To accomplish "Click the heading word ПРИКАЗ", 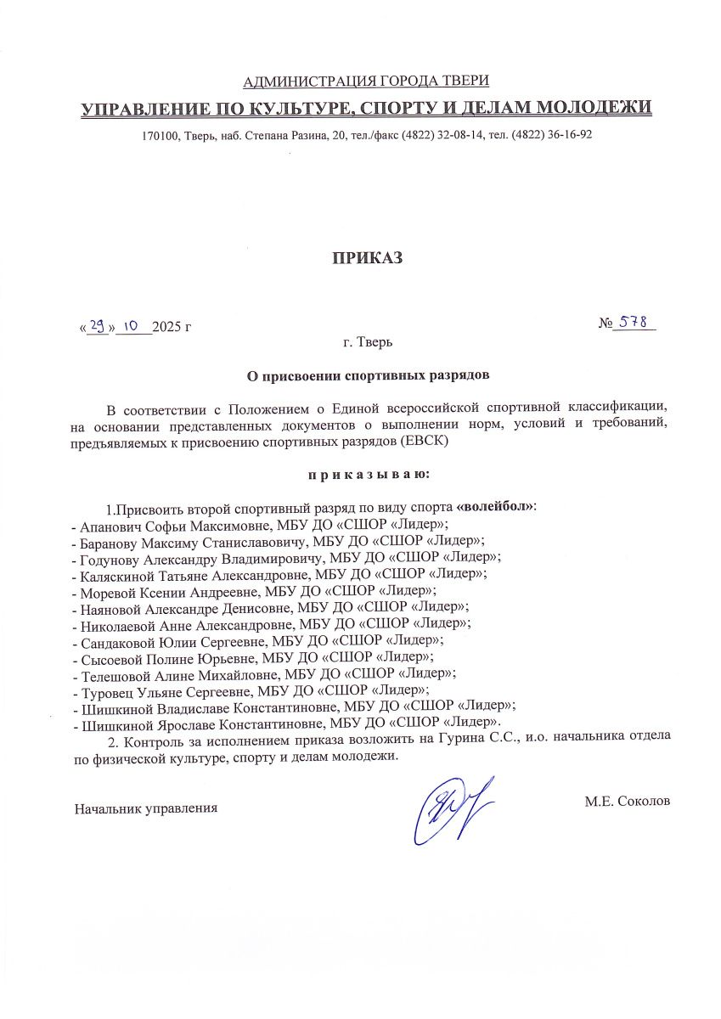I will click(x=366, y=258).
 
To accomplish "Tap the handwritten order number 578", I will click(x=633, y=323).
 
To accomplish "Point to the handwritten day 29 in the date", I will click(x=98, y=324).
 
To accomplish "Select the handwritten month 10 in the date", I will click(x=132, y=324).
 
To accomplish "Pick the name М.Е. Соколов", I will click(x=628, y=801).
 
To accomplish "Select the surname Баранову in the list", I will click(x=106, y=541).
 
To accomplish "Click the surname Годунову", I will click(x=106, y=558).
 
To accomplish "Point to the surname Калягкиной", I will click(x=114, y=574).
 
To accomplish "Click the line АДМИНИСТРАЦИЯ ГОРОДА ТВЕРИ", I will click(x=366, y=82).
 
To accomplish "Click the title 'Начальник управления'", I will click(x=146, y=808).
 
